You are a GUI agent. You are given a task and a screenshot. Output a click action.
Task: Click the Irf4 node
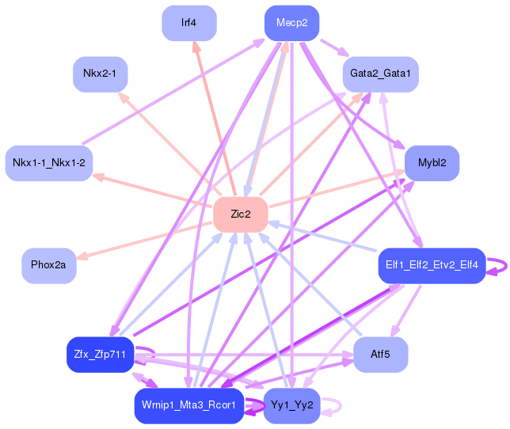(x=188, y=23)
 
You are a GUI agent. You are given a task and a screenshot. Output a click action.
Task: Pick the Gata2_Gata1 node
(x=381, y=74)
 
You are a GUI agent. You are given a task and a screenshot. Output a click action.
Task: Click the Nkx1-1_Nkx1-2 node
(x=49, y=163)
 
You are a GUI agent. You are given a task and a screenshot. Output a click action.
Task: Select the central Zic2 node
(x=240, y=214)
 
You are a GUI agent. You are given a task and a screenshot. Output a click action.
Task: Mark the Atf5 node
(x=381, y=355)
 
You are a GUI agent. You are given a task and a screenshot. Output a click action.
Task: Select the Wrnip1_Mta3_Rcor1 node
(x=188, y=405)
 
